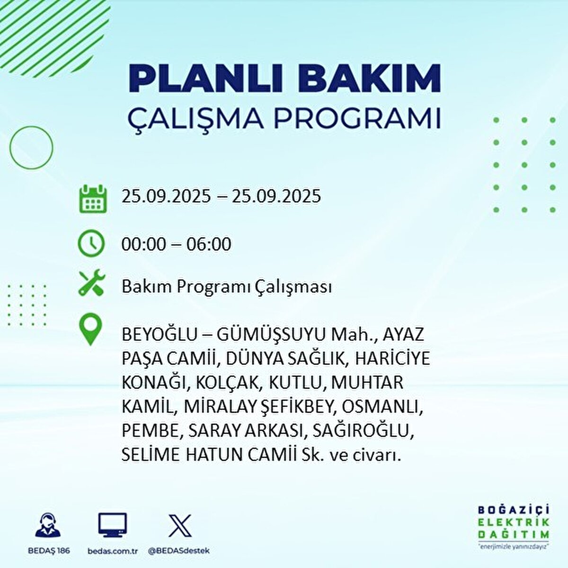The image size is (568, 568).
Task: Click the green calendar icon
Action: (93, 198)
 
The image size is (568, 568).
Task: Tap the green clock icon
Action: (91, 243)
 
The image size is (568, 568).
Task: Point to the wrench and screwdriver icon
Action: (91, 282)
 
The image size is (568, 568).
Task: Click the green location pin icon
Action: (90, 329)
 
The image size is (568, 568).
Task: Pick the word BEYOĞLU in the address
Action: (160, 335)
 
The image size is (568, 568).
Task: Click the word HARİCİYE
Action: (392, 359)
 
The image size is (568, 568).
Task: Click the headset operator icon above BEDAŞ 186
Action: (48, 524)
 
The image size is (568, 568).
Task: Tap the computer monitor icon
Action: (113, 525)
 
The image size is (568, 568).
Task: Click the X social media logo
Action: (180, 526)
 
